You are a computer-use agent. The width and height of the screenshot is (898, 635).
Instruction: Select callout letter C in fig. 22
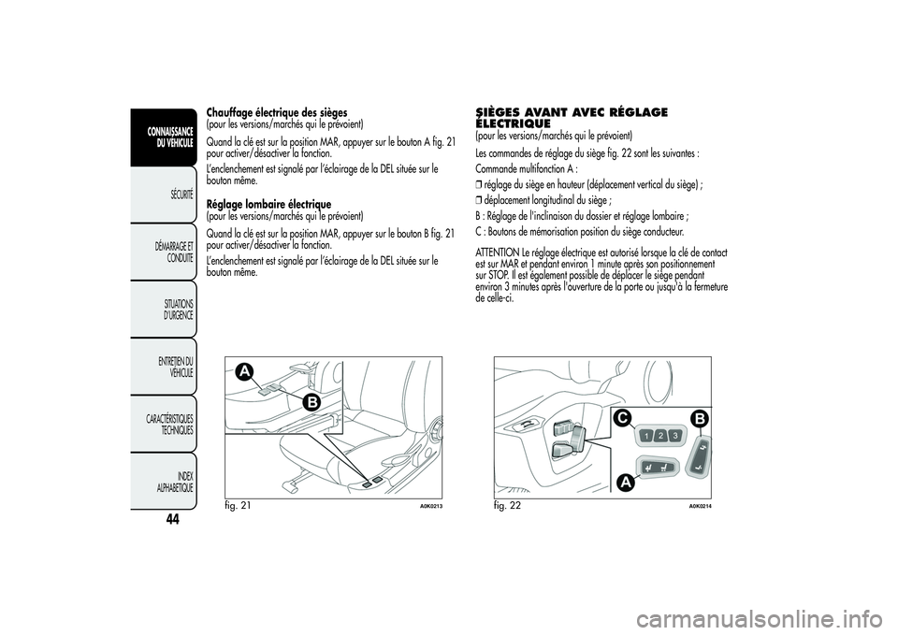pos(622,419)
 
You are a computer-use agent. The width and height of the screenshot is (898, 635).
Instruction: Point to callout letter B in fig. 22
pos(700,419)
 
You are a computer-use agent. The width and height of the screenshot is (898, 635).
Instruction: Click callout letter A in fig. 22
pos(627,483)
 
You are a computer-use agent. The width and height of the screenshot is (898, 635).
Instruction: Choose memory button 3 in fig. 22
pos(675,436)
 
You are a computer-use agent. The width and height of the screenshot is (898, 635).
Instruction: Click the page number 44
pos(172,519)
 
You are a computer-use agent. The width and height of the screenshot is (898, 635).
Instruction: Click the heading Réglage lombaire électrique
pos(268,205)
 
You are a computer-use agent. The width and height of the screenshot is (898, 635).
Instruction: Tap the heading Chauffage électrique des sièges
pos(277,111)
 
